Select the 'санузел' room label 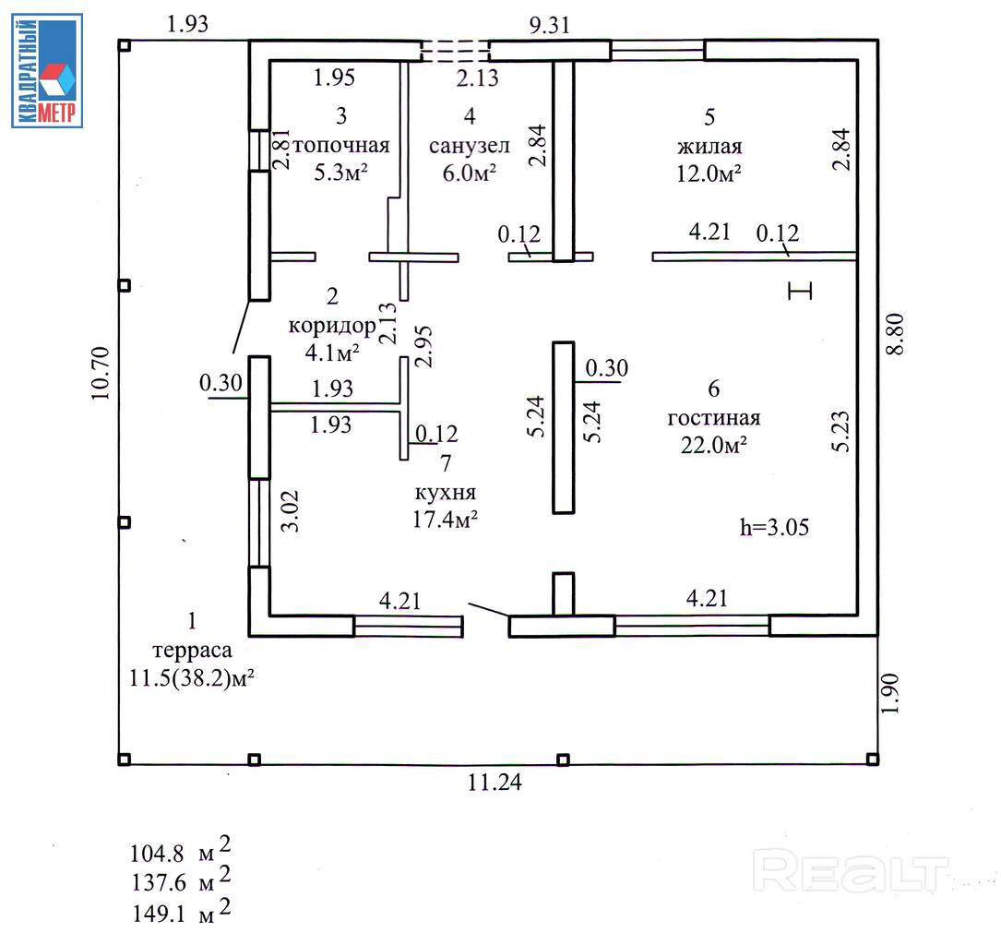pos(463,146)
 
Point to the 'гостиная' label pos(714,418)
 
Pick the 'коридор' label pos(331,325)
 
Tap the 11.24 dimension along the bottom pos(495,784)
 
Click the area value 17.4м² pos(445,520)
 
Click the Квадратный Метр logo pos(47,70)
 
